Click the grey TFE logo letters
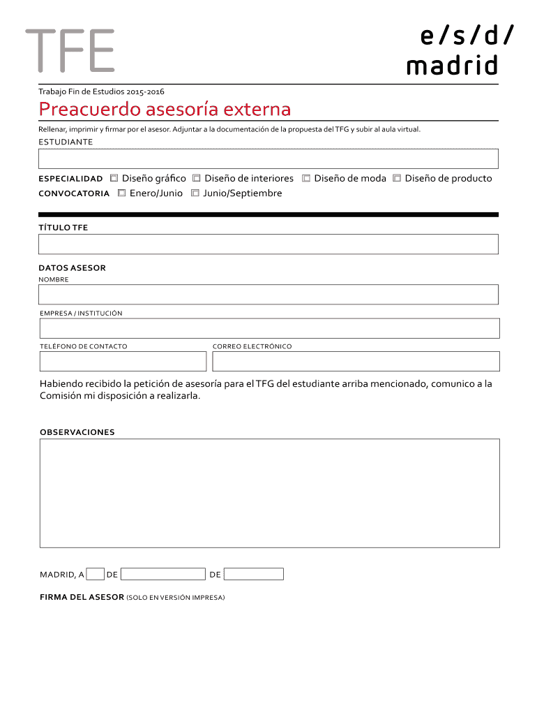point(70,50)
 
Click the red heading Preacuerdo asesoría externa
point(165,110)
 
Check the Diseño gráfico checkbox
point(114,178)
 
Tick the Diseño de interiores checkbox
point(197,178)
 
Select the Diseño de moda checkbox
point(306,178)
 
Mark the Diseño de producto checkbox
point(397,178)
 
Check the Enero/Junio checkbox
point(122,193)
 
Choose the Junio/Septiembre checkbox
point(195,193)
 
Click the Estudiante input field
point(268,159)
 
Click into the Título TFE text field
point(268,244)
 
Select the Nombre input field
point(268,294)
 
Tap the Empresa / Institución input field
point(269,328)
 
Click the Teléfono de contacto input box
point(123,361)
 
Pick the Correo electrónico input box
point(356,361)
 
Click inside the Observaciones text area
point(269,493)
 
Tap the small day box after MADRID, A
point(96,574)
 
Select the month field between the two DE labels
point(163,574)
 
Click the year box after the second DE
point(254,574)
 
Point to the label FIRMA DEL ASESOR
point(82,597)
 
